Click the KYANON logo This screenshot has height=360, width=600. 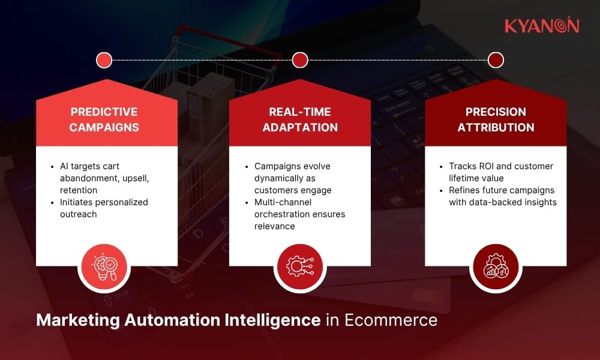[542, 25]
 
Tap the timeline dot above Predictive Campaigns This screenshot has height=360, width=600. [104, 60]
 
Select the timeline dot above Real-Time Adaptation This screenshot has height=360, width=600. [300, 60]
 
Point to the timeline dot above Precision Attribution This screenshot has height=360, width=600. [496, 60]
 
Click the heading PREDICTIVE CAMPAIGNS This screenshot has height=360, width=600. [104, 119]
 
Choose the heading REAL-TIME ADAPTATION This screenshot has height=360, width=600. [300, 119]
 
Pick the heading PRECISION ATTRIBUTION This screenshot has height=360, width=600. [496, 119]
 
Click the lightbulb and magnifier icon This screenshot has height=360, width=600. [104, 266]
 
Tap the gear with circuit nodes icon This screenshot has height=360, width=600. [300, 266]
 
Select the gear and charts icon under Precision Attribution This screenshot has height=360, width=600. [496, 266]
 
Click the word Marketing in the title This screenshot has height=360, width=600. [77, 320]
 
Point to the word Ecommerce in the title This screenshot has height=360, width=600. [391, 320]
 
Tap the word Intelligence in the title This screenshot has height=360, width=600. [272, 320]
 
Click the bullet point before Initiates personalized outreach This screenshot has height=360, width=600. [52, 203]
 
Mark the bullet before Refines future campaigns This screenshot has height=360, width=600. [441, 191]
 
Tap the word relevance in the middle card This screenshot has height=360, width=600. [274, 226]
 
